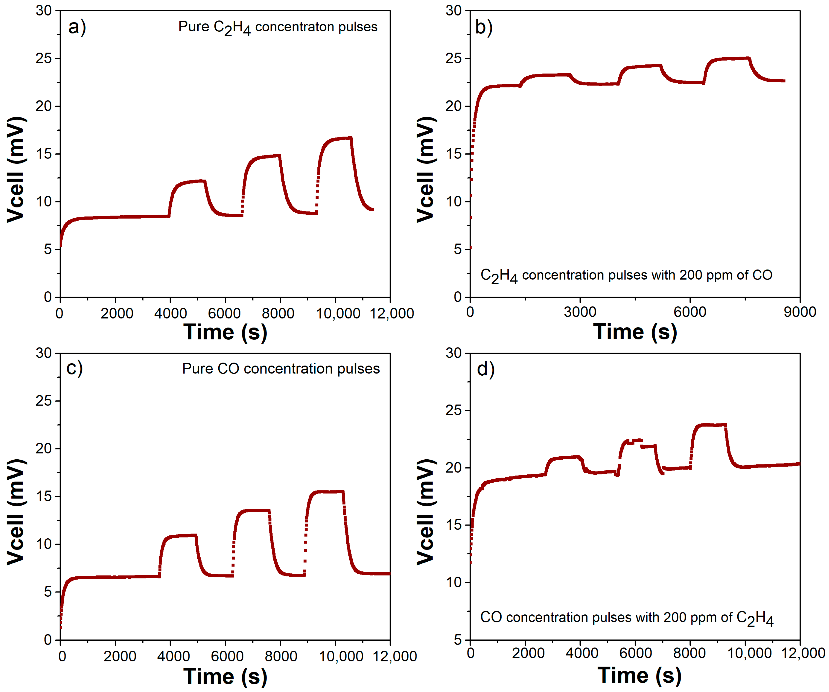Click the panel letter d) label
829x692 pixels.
(486, 369)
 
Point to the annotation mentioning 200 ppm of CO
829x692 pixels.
(626, 275)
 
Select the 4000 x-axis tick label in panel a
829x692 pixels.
(170, 313)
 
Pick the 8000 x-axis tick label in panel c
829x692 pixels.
(280, 656)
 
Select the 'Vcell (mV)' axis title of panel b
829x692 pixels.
(426, 170)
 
